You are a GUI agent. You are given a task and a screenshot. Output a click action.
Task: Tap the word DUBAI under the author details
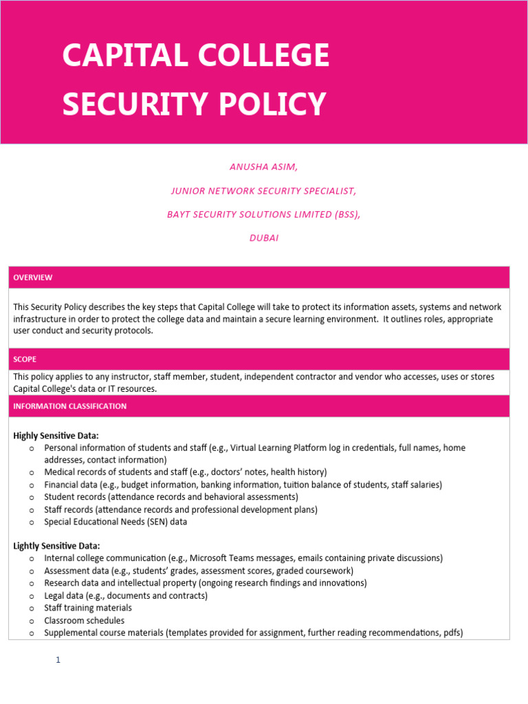pyautogui.click(x=263, y=238)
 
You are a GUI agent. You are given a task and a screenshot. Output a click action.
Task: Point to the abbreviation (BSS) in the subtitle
pyautogui.click(x=342, y=214)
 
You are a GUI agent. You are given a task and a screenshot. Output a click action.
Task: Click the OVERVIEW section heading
pyautogui.click(x=33, y=278)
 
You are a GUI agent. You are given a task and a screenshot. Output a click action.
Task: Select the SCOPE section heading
pyautogui.click(x=25, y=360)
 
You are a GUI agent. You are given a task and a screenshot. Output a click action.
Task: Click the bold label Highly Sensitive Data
pyautogui.click(x=56, y=436)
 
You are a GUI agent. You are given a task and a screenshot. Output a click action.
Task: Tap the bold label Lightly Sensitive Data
pyautogui.click(x=56, y=546)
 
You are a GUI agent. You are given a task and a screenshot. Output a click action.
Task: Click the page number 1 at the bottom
pyautogui.click(x=58, y=660)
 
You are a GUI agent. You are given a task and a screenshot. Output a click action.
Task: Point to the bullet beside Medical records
pyautogui.click(x=32, y=472)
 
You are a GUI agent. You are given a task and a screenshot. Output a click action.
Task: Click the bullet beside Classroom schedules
pyautogui.click(x=32, y=621)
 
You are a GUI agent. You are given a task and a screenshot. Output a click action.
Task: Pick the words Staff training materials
pyautogui.click(x=88, y=608)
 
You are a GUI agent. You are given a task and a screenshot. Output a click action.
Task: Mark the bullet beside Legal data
pyautogui.click(x=32, y=596)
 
